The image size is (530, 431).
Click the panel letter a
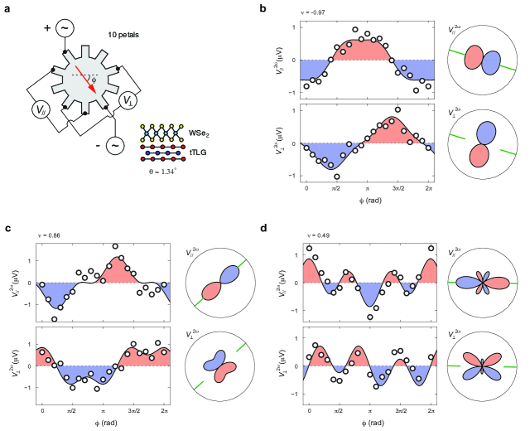point(7,7)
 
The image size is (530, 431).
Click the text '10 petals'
point(123,36)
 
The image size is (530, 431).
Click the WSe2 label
point(197,133)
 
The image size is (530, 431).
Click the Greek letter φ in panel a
point(94,80)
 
